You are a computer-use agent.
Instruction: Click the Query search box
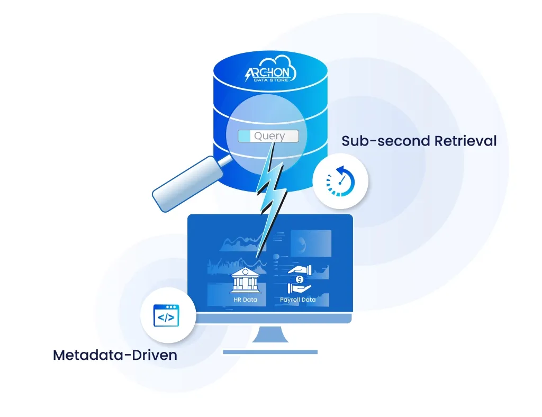click(268, 136)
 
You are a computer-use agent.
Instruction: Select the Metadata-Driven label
click(115, 355)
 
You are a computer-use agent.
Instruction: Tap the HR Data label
click(245, 300)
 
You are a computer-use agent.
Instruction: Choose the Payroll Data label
click(297, 300)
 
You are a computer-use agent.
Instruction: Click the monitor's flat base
click(270, 352)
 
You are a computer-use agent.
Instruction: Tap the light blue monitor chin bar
click(270, 318)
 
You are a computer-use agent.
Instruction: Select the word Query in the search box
click(269, 136)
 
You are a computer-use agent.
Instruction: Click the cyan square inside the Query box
click(244, 136)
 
